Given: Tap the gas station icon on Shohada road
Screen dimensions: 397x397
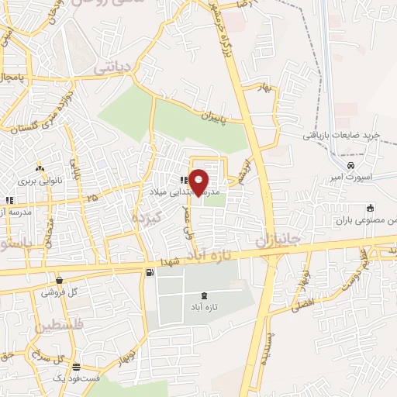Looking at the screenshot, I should click(148, 272).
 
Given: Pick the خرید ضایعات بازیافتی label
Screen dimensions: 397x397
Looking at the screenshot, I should click(342, 135).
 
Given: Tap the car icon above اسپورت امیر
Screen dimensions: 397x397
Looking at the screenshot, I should click(351, 165).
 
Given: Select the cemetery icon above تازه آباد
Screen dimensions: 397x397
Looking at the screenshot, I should click(204, 295).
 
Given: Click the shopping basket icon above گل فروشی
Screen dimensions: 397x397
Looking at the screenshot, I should click(59, 279).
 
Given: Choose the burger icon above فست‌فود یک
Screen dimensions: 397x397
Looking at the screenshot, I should click(75, 367).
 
